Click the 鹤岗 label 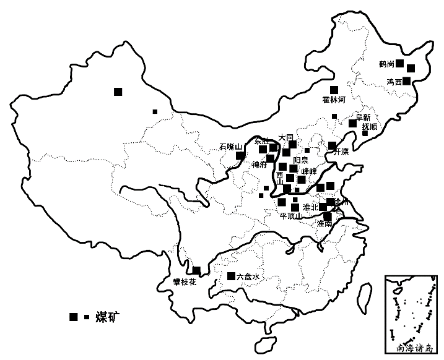[x=387, y=64]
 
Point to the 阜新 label [x=362, y=117]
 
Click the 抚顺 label [x=369, y=127]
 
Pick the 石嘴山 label [x=230, y=147]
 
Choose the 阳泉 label [x=300, y=160]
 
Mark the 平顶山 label [x=290, y=216]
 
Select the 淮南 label [x=324, y=223]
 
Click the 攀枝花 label [x=185, y=282]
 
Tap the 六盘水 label [x=248, y=277]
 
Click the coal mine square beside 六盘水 [x=231, y=276]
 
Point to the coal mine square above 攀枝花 [x=196, y=270]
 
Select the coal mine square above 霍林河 [x=334, y=90]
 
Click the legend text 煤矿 [x=107, y=317]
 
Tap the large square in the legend [x=74, y=317]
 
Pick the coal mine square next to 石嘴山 [x=240, y=155]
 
